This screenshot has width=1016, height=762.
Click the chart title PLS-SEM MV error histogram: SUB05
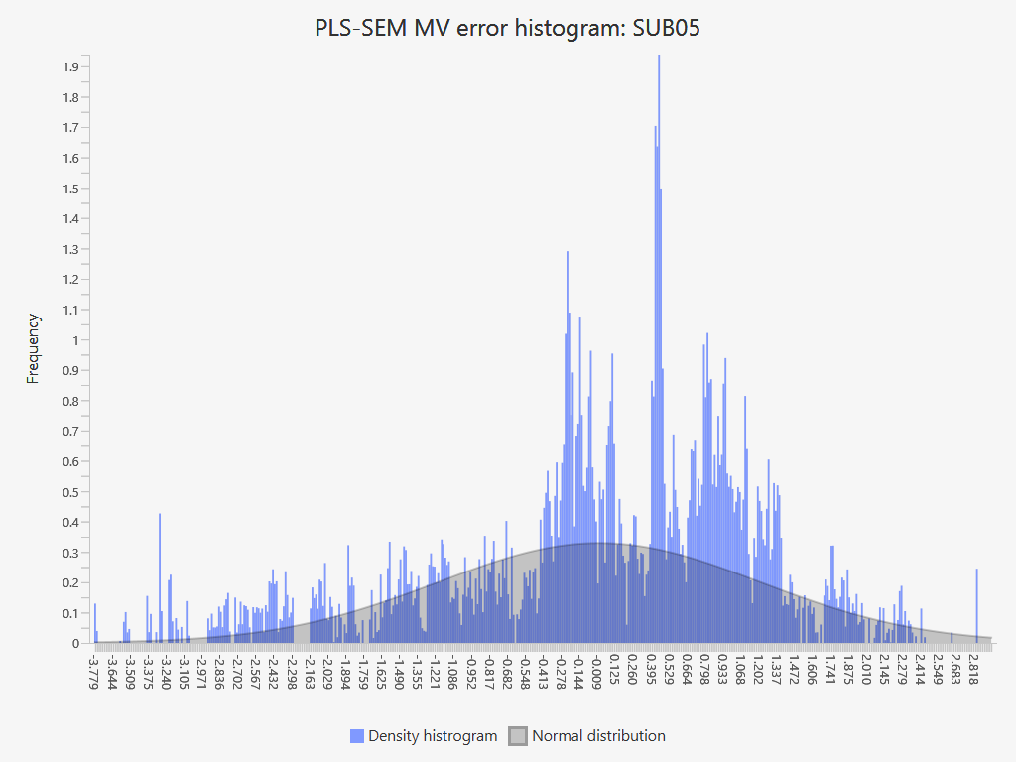[507, 28]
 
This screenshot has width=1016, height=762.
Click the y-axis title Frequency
[34, 348]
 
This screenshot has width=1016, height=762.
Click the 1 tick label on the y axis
[74, 340]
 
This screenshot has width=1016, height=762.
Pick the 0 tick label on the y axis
[74, 644]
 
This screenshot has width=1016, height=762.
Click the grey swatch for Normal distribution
[517, 736]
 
